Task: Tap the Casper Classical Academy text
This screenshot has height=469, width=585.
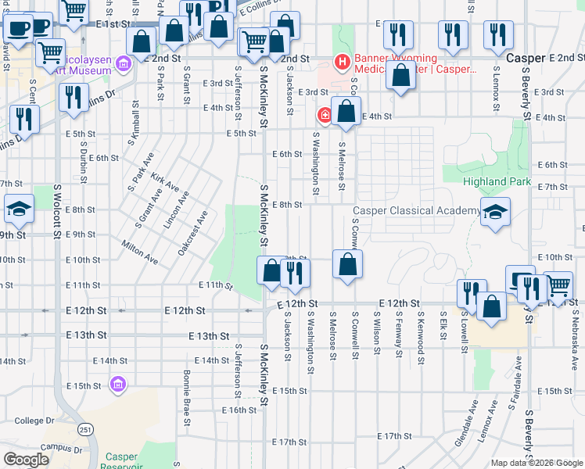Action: [x=415, y=211]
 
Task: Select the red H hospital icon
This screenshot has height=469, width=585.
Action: [x=341, y=61]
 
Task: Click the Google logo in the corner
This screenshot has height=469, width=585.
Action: [x=26, y=459]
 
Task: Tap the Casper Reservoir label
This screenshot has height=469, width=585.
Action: [x=121, y=462]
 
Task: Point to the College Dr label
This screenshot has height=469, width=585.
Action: [x=34, y=421]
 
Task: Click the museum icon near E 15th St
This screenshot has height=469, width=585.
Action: [x=118, y=385]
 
